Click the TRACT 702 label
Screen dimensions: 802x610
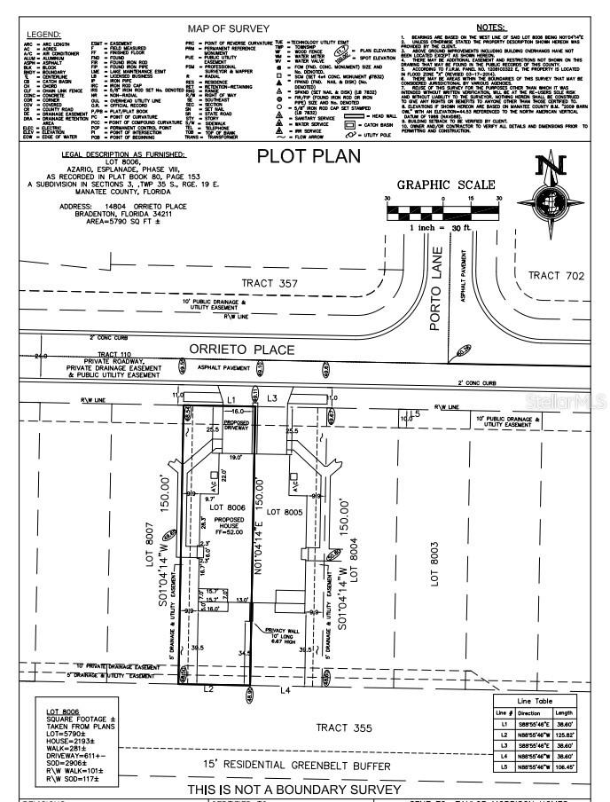tap(556, 276)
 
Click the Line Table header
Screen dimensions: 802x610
tap(539, 702)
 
